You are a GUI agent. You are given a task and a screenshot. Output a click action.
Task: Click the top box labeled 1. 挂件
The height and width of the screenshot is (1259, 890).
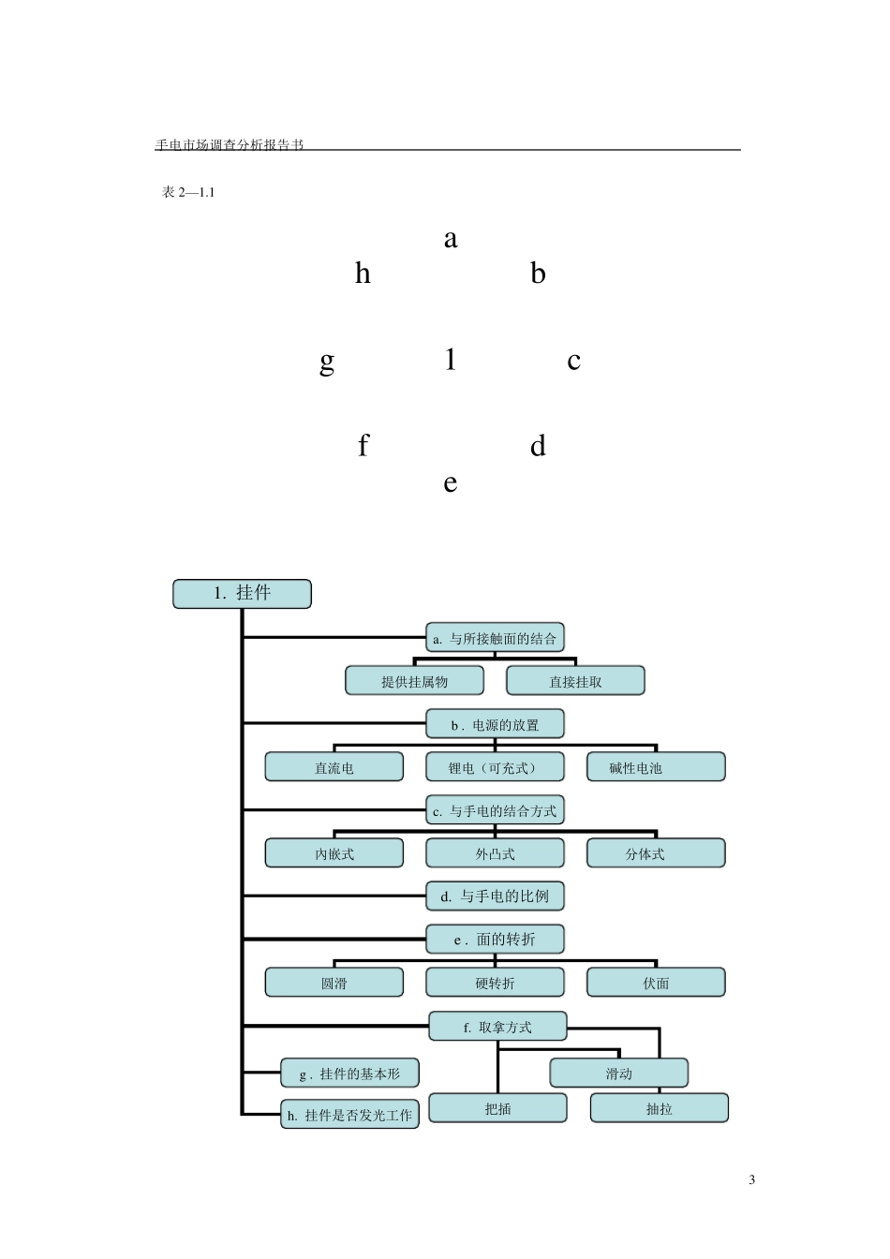click(242, 594)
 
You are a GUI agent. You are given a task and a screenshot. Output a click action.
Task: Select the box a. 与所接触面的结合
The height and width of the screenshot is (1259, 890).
click(495, 637)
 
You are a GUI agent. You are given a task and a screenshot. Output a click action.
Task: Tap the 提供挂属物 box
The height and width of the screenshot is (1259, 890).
click(414, 681)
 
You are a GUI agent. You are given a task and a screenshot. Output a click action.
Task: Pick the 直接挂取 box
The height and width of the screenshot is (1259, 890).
click(575, 681)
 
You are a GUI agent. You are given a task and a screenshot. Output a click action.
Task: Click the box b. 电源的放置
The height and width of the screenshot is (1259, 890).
click(495, 724)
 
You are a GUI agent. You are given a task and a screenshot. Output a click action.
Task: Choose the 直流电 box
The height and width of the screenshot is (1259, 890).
click(334, 766)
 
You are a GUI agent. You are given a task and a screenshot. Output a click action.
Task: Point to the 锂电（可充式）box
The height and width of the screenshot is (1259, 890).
click(495, 766)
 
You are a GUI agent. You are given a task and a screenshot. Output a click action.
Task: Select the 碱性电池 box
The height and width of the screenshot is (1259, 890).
click(656, 766)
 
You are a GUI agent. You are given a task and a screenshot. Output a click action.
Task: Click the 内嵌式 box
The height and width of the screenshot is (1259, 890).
click(334, 853)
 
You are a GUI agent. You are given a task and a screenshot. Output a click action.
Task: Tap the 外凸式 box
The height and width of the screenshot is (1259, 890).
click(495, 853)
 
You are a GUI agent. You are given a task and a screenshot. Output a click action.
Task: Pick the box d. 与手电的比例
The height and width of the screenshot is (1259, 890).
click(495, 896)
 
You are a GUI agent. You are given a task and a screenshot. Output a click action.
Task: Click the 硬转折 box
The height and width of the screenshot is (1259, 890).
click(495, 983)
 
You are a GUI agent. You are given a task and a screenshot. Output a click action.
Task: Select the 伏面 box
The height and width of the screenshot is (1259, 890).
click(656, 983)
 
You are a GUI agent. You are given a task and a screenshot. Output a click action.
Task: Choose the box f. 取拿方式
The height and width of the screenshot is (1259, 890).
click(497, 1027)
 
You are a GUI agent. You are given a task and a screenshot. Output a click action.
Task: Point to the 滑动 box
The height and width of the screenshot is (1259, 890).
click(618, 1073)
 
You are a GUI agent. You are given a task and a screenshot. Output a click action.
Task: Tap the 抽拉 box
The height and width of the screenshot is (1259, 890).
click(659, 1108)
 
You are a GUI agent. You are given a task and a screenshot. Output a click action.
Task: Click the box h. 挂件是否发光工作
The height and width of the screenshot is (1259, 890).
click(349, 1114)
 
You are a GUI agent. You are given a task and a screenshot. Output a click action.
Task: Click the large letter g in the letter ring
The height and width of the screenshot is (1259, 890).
click(327, 363)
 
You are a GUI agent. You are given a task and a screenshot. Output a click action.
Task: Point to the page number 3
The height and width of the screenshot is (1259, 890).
click(751, 1179)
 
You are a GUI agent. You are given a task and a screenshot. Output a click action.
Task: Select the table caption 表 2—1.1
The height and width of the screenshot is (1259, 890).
click(188, 192)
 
